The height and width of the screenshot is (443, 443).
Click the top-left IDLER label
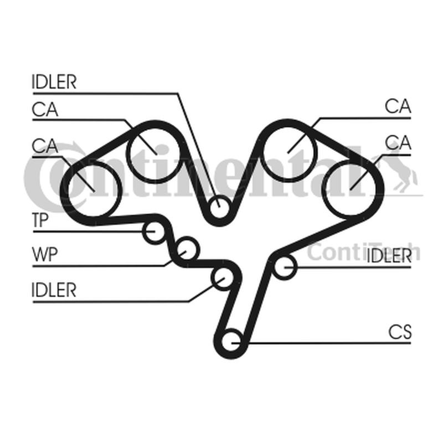point(54,82)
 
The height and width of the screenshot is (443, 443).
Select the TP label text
point(40,220)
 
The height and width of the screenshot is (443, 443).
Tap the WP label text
point(45,254)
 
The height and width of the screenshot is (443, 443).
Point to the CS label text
point(400,332)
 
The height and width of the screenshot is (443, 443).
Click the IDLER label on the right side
point(389,256)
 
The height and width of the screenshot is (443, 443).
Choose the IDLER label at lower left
point(54,290)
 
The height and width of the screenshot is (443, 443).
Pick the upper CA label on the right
point(398,106)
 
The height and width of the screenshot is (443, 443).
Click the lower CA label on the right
point(398,142)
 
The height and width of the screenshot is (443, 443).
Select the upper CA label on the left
point(45,109)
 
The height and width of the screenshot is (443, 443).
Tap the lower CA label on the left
point(45,146)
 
